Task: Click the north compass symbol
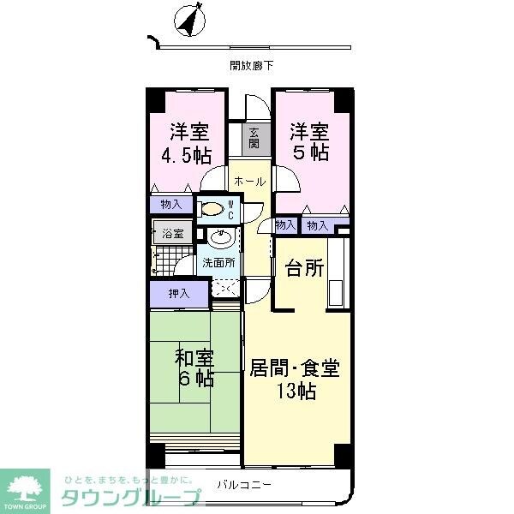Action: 189,21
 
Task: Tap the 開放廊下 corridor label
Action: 251,66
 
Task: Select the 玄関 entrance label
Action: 254,138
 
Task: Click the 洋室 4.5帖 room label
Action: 187,143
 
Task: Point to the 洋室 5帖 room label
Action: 309,141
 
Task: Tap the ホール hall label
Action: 250,182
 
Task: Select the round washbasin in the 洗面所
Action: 221,238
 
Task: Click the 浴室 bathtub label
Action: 173,234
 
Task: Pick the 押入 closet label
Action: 179,293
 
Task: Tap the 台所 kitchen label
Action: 304,268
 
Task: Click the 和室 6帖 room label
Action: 195,368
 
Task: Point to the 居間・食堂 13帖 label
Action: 295,379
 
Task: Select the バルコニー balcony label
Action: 244,485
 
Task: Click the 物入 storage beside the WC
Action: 171,205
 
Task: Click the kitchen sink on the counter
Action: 335,293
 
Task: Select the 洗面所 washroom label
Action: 218,263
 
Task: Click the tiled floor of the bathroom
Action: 172,260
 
